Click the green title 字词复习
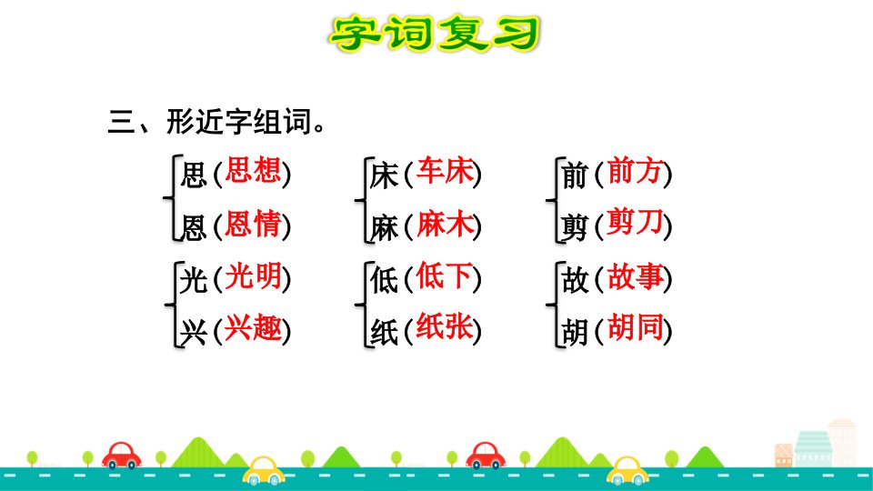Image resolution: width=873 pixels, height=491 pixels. click(435, 34)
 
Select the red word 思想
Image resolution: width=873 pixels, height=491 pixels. click(253, 171)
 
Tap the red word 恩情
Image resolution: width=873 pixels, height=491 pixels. click(253, 224)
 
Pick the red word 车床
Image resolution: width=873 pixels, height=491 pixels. click(445, 171)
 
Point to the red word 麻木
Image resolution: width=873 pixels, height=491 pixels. click(445, 224)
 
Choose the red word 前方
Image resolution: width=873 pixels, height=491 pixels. click(635, 171)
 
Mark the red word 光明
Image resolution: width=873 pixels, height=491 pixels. click(253, 276)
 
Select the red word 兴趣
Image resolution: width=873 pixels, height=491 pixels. click(253, 327)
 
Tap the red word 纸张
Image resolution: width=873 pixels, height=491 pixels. click(445, 327)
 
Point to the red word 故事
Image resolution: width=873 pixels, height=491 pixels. click(635, 276)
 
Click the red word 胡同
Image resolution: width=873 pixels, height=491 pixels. click(635, 327)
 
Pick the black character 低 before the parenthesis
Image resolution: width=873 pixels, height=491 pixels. click(384, 279)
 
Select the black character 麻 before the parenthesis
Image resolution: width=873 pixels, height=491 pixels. click(384, 228)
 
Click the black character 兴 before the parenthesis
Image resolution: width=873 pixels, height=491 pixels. click(193, 333)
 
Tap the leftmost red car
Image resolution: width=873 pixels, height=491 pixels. click(121, 456)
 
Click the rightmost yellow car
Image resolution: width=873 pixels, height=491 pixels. click(627, 471)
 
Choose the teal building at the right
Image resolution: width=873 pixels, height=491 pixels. click(813, 448)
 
